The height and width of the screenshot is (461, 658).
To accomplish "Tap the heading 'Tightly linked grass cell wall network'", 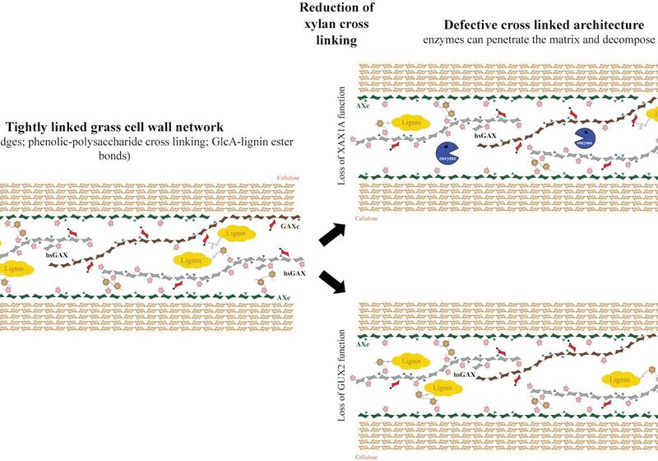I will [115, 128].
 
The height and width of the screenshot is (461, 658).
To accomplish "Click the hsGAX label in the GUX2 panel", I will [462, 374].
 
